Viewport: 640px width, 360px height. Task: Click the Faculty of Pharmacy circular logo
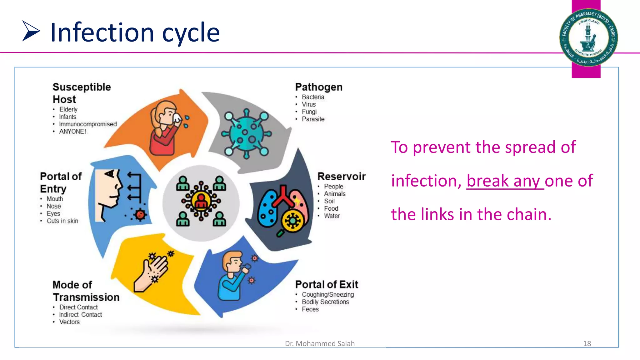[x=588, y=37]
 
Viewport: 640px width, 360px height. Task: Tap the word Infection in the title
[x=102, y=32]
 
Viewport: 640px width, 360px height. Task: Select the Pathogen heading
[x=318, y=87]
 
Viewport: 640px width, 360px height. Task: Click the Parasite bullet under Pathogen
[x=313, y=119]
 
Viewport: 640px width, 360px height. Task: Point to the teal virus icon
[x=246, y=134]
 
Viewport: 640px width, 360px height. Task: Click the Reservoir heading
[x=341, y=176]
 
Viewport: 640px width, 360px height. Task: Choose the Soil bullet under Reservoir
[x=329, y=201]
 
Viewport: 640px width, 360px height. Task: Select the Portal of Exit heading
[x=327, y=284]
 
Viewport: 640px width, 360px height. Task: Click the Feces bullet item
[x=310, y=309]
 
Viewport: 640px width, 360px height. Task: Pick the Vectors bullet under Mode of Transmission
[x=69, y=322]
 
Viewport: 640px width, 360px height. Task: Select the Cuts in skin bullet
[x=62, y=221]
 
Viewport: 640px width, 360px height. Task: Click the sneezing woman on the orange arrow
[x=166, y=128]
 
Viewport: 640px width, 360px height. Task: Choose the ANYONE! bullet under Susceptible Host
[x=72, y=132]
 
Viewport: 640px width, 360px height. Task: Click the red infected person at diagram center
[x=201, y=201]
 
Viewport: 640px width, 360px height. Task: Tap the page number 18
[x=587, y=343]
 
